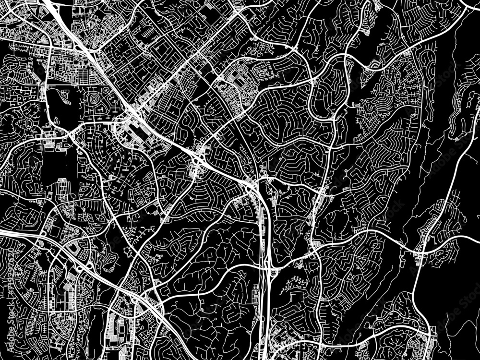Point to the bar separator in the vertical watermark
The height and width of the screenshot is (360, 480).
click(x=5, y=312)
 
